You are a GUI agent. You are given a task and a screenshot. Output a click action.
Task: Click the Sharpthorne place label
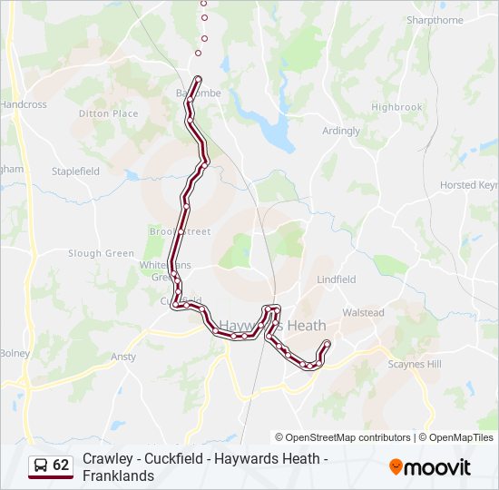click(x=435, y=20)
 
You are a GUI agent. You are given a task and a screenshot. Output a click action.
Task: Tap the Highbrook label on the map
click(x=396, y=107)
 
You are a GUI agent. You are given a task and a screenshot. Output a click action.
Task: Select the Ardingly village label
click(x=341, y=131)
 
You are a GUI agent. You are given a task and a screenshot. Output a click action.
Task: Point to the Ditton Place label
click(x=108, y=113)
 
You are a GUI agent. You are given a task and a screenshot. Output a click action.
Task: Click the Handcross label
click(x=24, y=104)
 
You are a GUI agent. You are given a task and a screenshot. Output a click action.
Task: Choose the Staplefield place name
click(x=75, y=171)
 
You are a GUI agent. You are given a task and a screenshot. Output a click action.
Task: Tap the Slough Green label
click(x=101, y=254)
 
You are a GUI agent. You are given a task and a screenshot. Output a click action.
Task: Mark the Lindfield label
click(x=337, y=279)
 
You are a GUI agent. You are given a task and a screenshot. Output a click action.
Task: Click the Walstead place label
click(x=363, y=313)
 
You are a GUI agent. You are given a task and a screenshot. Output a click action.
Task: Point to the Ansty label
click(x=123, y=358)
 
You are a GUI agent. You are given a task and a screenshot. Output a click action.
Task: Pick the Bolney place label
click(x=15, y=353)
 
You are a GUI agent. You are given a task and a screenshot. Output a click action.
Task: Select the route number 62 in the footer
click(x=61, y=465)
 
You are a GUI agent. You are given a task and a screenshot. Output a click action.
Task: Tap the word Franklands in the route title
click(x=118, y=475)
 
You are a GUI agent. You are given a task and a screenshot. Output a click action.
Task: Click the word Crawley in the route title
click(x=105, y=459)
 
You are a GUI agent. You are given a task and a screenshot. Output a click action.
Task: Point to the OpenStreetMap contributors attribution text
click(x=343, y=437)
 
